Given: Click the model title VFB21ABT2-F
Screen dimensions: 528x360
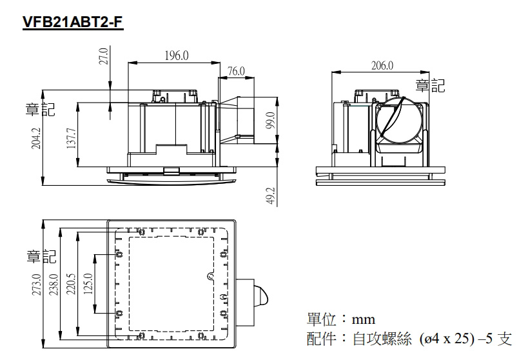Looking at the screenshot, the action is pos(73,21).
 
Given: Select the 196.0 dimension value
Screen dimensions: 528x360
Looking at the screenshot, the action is pos(177,55).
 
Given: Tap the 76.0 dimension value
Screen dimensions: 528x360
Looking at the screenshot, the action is pos(236,71).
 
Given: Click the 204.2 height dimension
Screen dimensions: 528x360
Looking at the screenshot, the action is pos(36,139).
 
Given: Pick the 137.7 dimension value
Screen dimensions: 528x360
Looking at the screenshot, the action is pos(71,138).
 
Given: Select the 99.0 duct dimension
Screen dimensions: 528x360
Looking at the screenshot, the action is pos(270,120).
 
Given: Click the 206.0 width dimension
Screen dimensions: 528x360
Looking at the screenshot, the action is pos(382,65).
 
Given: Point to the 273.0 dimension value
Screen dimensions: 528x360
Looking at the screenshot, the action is pos(37,285).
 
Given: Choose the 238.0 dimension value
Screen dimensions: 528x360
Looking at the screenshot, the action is pos(54,285).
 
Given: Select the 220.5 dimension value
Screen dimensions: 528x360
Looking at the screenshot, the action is pos(71,284).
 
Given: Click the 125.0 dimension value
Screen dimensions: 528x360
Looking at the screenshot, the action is pos(88,284).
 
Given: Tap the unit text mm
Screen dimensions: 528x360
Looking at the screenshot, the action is pos(364,319).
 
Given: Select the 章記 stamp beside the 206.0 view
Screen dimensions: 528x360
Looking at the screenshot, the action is pos(430,86).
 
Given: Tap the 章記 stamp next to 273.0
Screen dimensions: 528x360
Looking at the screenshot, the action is pos(41,256).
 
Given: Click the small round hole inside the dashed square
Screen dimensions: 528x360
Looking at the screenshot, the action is pos(210,276).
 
